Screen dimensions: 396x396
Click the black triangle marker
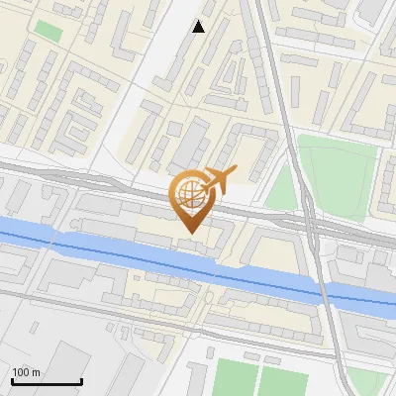click(199, 27)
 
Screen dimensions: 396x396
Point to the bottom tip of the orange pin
click(188, 233)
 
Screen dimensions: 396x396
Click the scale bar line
click(47, 382)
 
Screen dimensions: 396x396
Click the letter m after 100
click(35, 373)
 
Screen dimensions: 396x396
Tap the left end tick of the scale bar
click(12, 380)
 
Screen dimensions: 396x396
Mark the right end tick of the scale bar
click(81, 380)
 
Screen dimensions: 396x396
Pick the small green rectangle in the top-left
click(49, 31)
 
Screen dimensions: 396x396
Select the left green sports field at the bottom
click(236, 379)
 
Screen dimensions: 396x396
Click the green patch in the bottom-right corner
click(372, 381)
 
